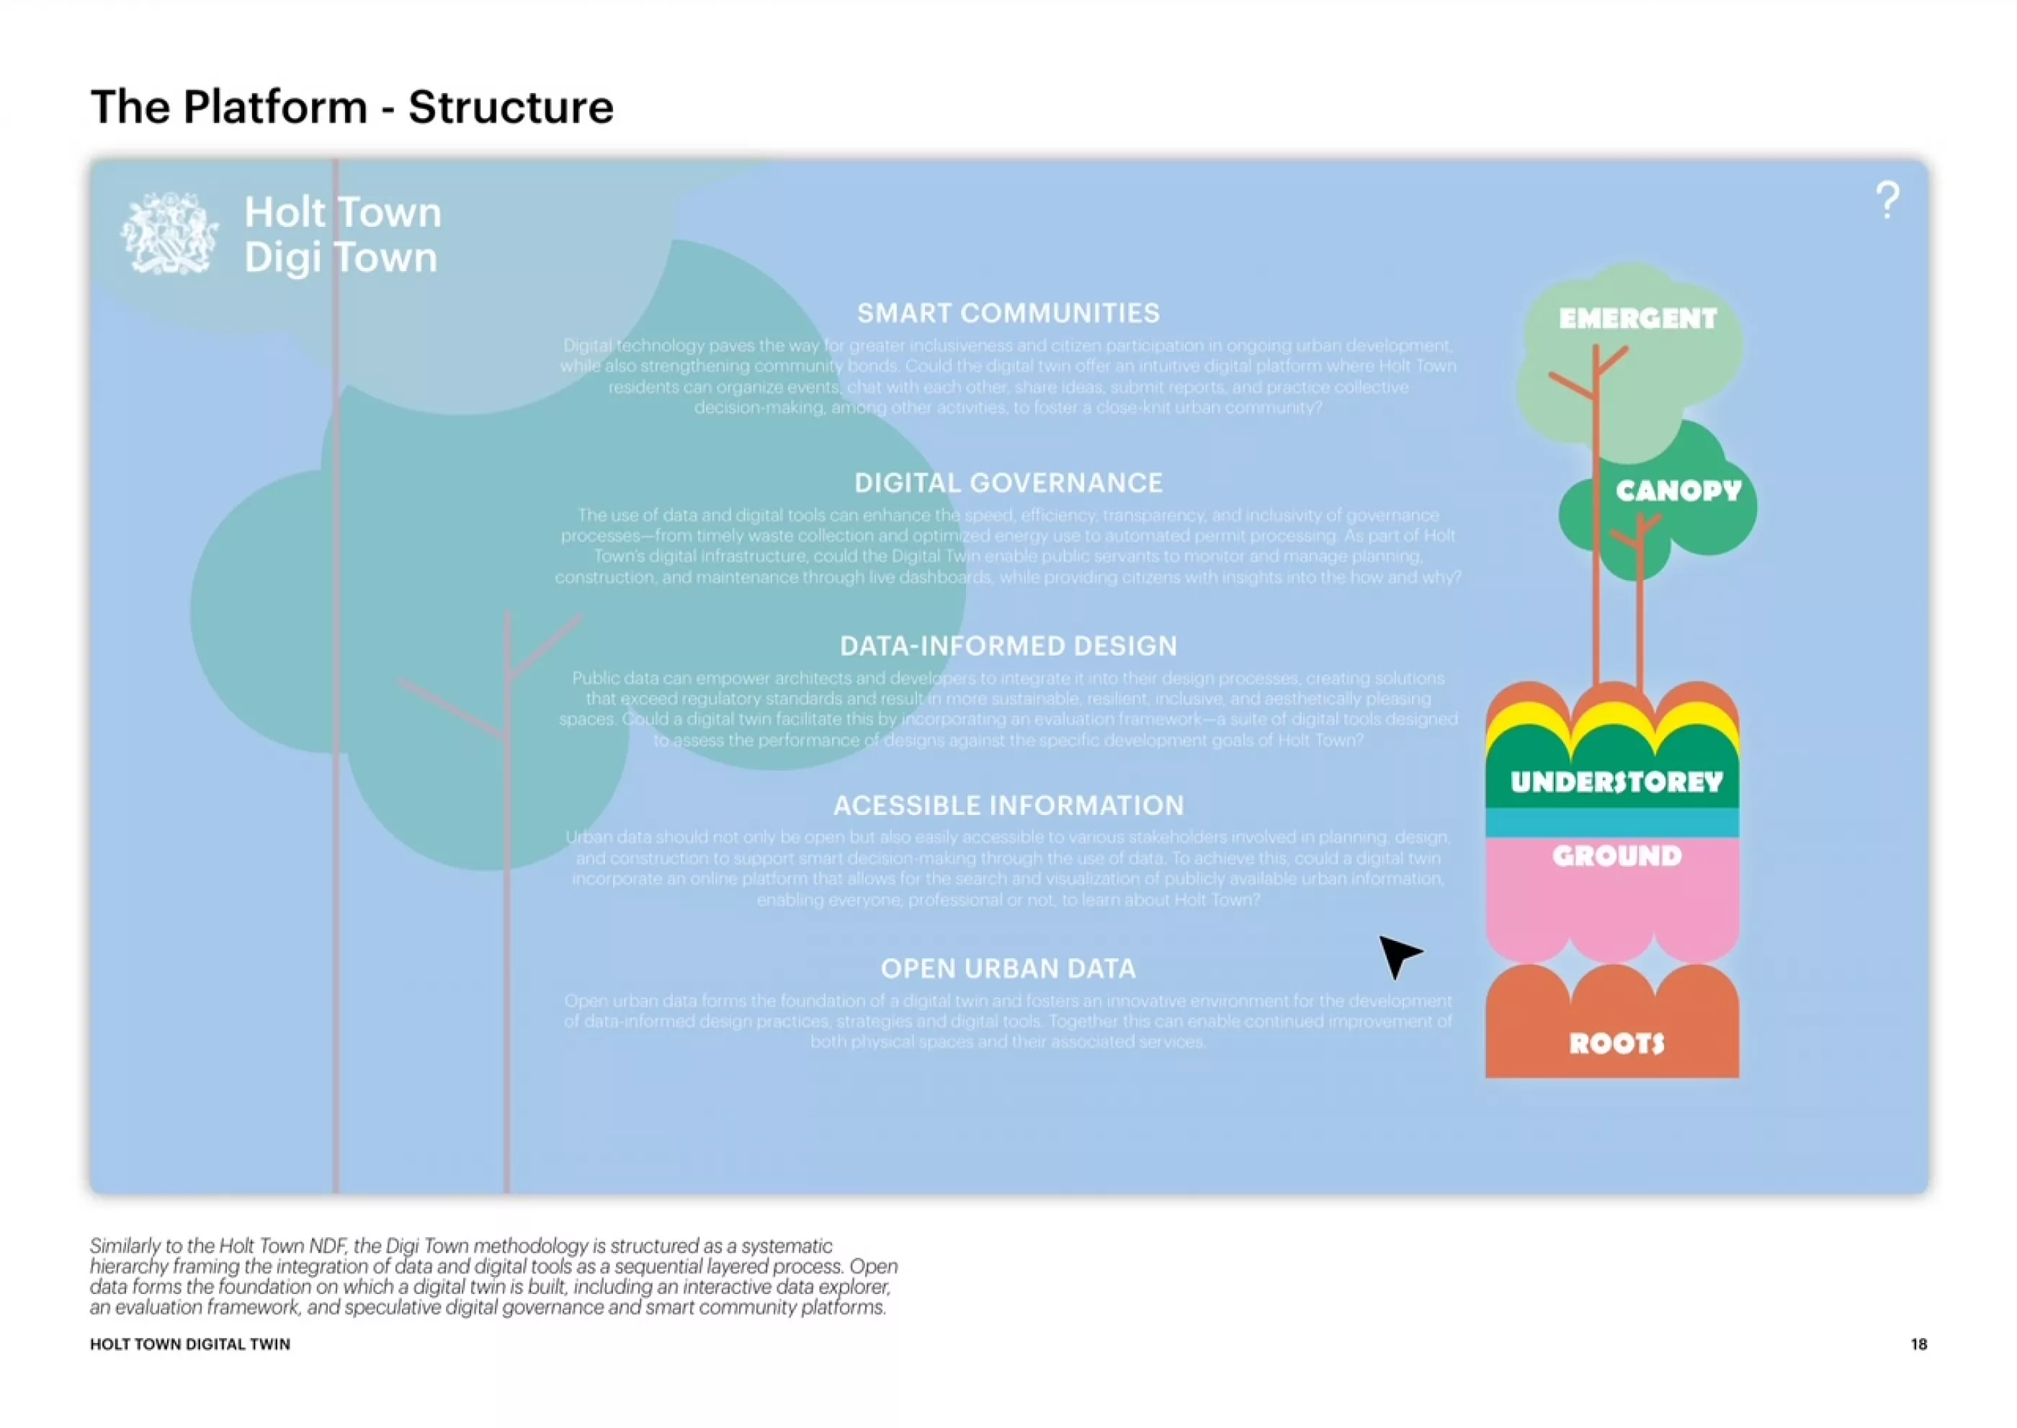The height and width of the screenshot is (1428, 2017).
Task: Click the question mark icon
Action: point(1886,200)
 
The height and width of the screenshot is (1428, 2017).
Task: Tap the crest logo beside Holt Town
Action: point(169,234)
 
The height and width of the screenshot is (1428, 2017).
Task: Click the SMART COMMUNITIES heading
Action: point(1008,313)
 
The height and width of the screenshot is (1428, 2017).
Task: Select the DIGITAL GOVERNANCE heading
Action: point(1008,483)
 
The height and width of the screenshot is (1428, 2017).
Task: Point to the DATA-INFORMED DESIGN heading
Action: point(1008,646)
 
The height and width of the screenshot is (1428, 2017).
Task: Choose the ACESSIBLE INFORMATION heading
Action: point(1008,806)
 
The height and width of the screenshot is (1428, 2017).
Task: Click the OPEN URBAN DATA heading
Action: point(1008,968)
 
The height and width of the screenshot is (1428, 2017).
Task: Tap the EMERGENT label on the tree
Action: point(1637,318)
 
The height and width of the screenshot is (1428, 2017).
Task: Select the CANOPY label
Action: point(1678,491)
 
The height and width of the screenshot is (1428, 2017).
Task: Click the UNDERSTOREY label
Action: point(1616,782)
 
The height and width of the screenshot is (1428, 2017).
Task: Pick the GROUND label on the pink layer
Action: point(1616,855)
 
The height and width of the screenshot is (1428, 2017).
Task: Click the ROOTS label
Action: point(1616,1044)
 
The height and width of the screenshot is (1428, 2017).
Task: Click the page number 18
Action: point(1918,1344)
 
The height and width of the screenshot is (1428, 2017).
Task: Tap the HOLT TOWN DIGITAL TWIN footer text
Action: point(190,1344)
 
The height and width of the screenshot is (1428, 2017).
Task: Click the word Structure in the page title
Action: point(510,107)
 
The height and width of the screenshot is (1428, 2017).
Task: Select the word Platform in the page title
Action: point(274,107)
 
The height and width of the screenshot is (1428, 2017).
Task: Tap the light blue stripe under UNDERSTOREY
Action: point(1611,822)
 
